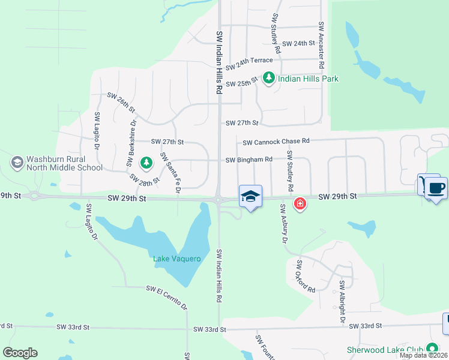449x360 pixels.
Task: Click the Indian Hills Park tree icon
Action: (269, 78)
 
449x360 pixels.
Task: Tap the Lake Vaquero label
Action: (176, 259)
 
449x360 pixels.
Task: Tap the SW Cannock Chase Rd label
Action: (276, 142)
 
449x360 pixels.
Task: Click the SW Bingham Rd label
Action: (249, 160)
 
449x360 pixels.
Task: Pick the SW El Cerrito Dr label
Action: (167, 298)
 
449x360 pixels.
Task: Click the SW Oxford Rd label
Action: (305, 277)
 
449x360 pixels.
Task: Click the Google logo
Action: (20, 353)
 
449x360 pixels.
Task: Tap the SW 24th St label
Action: (298, 44)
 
